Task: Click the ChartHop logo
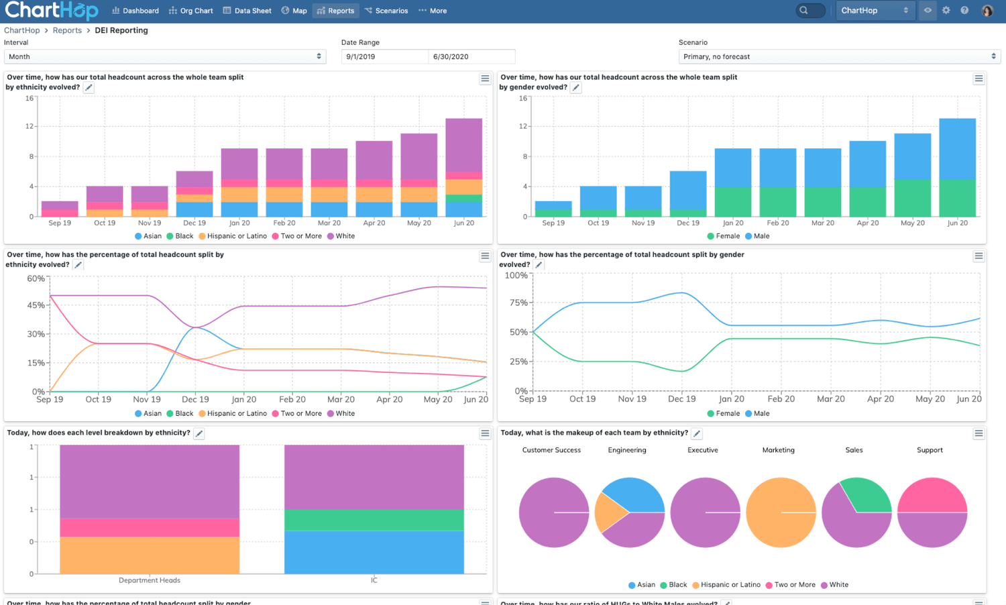(x=51, y=11)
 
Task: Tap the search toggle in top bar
(x=810, y=11)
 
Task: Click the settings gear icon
(x=946, y=11)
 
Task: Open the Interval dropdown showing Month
(x=165, y=57)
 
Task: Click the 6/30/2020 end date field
(x=471, y=57)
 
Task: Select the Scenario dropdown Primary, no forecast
(x=839, y=57)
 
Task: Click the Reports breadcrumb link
(x=67, y=30)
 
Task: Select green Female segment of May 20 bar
(x=912, y=198)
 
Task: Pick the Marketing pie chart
(x=781, y=512)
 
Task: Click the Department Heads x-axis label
(x=149, y=580)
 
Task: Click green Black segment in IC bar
(x=374, y=520)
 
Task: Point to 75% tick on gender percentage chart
(x=518, y=302)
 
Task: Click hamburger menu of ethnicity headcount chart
(x=485, y=79)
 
